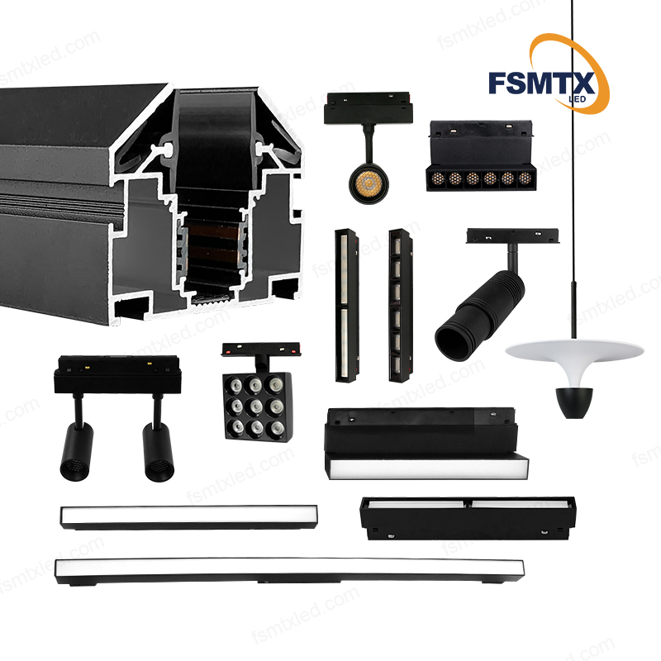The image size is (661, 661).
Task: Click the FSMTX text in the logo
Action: point(542,83)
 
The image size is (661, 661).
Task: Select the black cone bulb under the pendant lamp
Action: point(573,402)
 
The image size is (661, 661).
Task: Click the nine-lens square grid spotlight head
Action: point(256,407)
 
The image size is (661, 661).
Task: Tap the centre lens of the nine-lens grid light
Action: point(255,406)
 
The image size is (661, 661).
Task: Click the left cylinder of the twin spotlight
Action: point(76,451)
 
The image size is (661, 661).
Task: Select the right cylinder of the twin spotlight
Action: point(159,452)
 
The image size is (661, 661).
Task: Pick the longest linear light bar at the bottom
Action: point(290,571)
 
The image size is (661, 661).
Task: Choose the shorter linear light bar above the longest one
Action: point(189,516)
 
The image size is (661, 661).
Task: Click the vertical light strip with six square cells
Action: point(400,305)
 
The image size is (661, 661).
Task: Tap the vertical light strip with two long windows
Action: point(347,305)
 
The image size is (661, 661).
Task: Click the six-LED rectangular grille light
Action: point(481,156)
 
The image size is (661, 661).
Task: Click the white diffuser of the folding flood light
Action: point(427,468)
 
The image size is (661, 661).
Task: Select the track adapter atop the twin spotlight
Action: point(117,375)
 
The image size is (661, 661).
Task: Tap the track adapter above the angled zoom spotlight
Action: point(512,236)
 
